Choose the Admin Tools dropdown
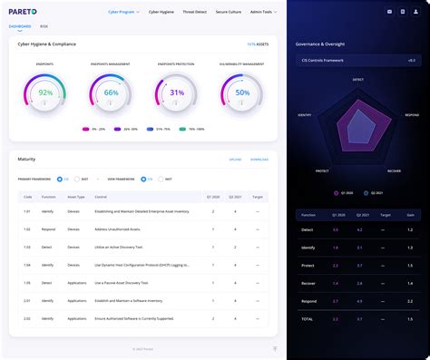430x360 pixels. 264,13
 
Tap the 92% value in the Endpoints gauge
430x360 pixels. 46,92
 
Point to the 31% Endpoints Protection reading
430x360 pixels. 177,92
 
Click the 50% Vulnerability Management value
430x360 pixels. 242,92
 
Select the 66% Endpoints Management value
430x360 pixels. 112,92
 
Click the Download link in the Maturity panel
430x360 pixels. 259,160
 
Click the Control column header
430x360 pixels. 101,196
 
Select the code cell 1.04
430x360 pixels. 27,266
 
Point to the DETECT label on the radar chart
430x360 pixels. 357,79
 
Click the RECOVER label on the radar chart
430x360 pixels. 394,170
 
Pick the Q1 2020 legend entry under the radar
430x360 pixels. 346,192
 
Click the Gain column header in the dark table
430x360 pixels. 410,216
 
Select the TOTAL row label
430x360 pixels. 308,320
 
